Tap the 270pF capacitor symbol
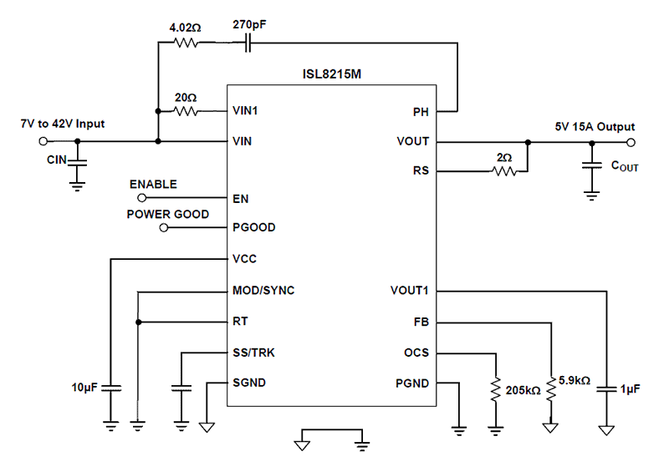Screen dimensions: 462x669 (248, 43)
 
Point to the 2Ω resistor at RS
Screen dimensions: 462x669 (504, 172)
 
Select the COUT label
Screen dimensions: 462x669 (624, 166)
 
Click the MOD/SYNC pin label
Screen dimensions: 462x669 (263, 291)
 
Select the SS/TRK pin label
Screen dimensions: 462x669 (253, 353)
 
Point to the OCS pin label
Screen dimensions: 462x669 (416, 353)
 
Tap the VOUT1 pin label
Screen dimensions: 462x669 (409, 291)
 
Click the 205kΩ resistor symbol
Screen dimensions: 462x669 (497, 389)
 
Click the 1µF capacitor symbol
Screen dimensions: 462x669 (605, 388)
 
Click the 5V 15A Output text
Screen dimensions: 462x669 (595, 127)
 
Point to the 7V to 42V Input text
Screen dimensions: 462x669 (63, 124)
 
